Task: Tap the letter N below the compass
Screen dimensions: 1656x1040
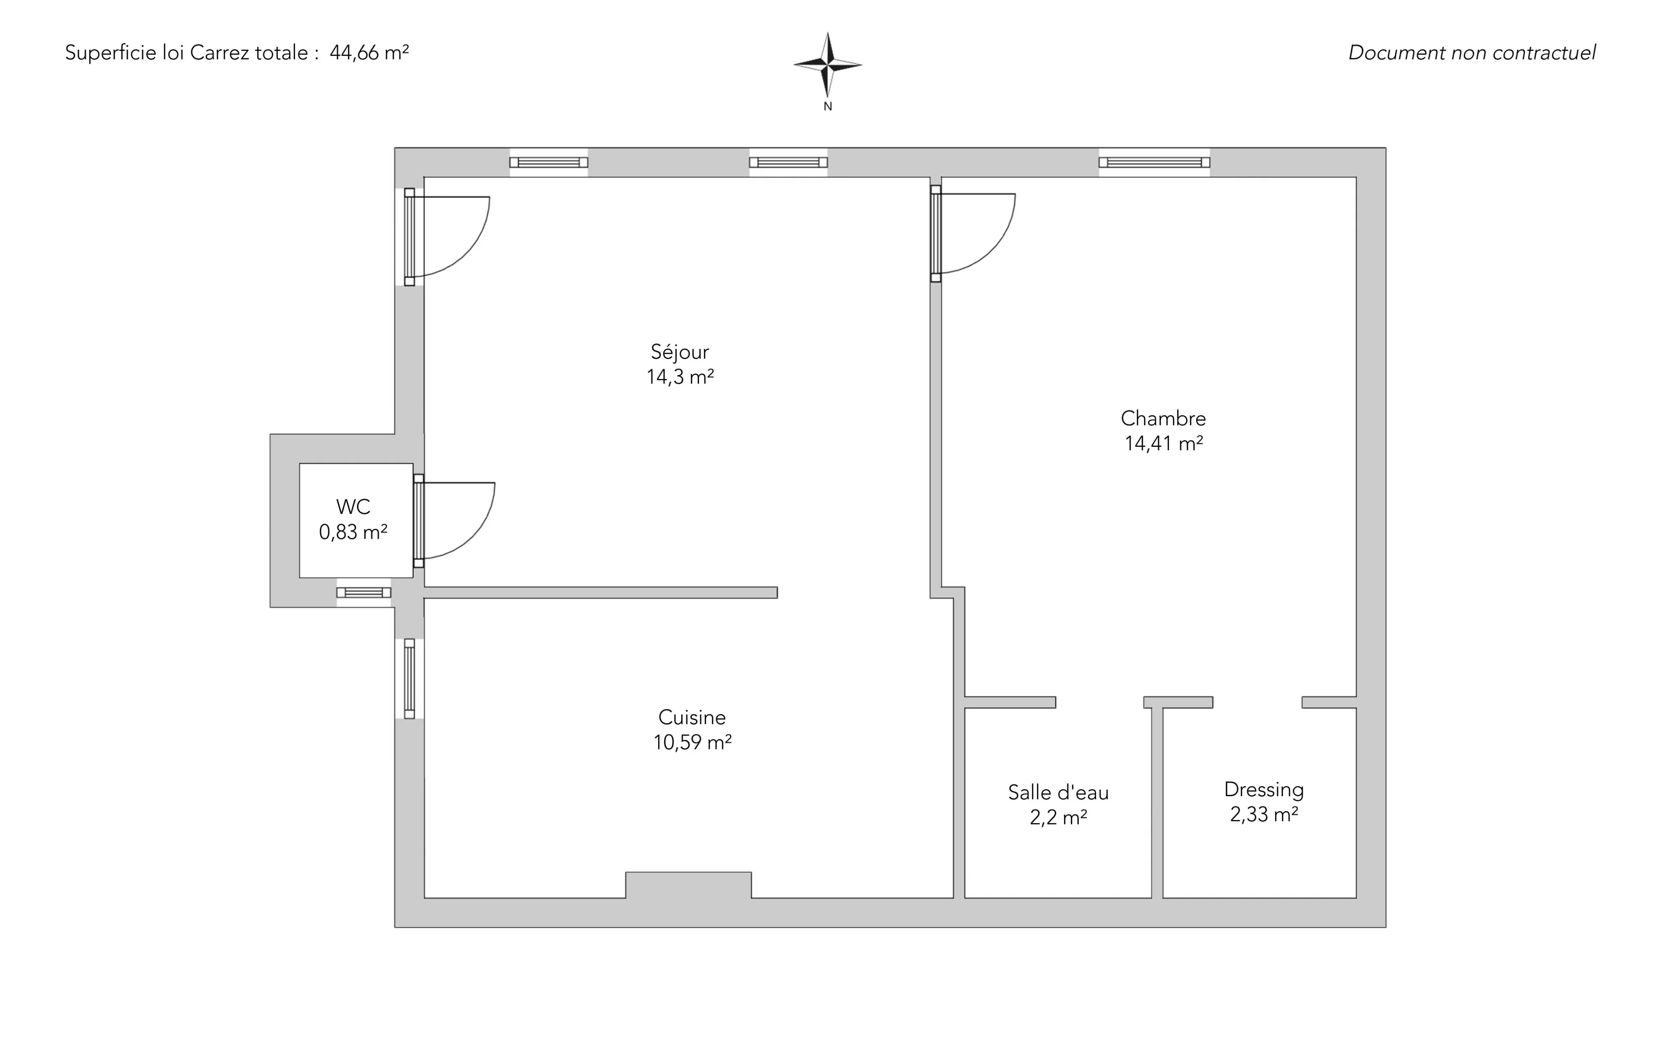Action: pyautogui.click(x=828, y=107)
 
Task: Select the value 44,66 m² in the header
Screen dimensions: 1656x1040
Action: pyautogui.click(x=369, y=53)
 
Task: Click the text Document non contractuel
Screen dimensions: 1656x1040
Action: pyautogui.click(x=1472, y=53)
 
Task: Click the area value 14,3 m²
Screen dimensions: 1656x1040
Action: pyautogui.click(x=680, y=377)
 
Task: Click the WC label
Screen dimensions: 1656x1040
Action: pyautogui.click(x=353, y=507)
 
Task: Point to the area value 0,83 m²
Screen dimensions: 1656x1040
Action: pyautogui.click(x=353, y=532)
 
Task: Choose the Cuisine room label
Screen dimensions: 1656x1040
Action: pyautogui.click(x=692, y=717)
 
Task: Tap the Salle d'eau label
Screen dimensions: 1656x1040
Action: pyautogui.click(x=1058, y=793)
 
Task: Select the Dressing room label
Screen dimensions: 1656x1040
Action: pyautogui.click(x=1264, y=790)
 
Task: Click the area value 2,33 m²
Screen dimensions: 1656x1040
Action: pyautogui.click(x=1264, y=814)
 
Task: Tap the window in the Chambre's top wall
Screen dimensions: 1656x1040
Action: pyautogui.click(x=1154, y=162)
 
